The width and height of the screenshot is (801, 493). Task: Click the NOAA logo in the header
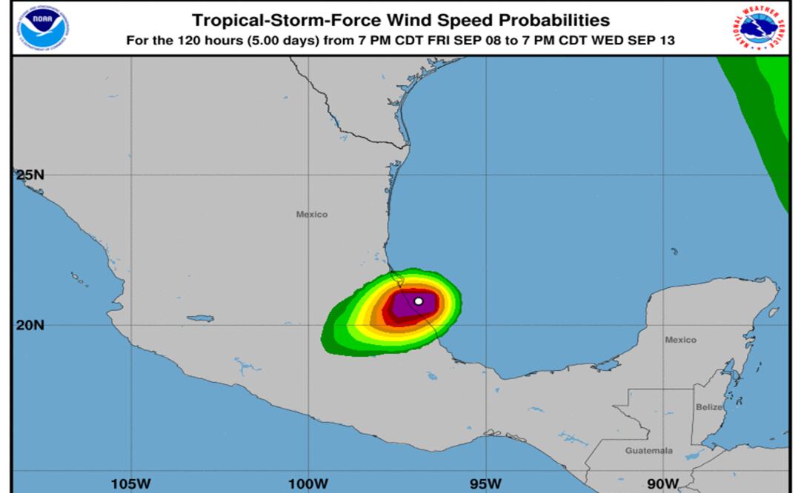44,27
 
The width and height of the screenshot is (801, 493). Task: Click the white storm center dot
419,301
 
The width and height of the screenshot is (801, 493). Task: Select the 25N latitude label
30,175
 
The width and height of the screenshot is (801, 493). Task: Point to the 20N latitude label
30,324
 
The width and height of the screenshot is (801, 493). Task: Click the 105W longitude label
131,484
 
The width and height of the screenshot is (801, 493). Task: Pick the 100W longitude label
308,484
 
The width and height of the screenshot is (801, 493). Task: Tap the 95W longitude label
485,484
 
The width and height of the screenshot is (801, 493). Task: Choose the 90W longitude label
662,484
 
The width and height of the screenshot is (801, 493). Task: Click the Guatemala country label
648,450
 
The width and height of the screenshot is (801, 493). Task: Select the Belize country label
708,407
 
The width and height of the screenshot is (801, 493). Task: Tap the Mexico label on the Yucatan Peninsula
680,340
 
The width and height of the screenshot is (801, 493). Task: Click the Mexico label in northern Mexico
311,215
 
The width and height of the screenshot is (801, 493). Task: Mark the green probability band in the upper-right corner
767,111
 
